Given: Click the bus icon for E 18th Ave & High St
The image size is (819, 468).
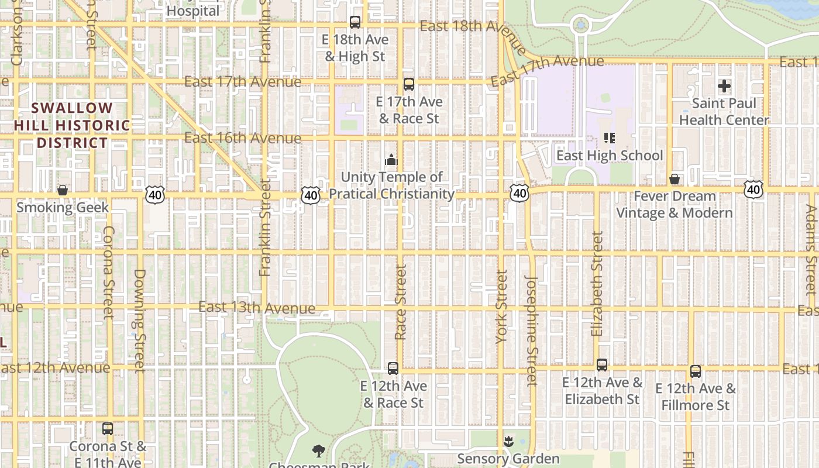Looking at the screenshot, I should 355,22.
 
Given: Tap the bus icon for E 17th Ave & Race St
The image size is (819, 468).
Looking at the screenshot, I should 409,84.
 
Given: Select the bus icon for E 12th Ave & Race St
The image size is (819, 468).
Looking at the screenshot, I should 393,369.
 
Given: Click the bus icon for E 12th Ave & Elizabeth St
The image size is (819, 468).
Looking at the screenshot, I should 602,365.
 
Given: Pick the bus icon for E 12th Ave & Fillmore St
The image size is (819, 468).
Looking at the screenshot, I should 696,371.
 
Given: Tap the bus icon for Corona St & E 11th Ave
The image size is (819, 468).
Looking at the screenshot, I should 108,429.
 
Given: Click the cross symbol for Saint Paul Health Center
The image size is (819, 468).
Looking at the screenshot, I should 724,86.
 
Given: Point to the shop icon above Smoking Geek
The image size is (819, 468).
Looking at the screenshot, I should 63,190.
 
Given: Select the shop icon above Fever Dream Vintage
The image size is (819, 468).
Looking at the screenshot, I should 675,179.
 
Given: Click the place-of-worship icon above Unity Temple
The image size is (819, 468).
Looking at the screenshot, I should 391,160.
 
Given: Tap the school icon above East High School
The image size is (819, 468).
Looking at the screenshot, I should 610,138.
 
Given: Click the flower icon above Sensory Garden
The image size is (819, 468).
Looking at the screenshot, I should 508,441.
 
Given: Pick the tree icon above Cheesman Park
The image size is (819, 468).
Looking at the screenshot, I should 319,450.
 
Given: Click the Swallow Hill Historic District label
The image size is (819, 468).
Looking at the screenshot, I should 72,125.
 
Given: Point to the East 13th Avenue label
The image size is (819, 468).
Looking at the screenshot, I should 257,308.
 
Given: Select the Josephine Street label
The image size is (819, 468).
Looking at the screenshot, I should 531,331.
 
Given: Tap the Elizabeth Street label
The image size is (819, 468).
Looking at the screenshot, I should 597,284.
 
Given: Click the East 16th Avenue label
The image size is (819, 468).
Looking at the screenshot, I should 243,138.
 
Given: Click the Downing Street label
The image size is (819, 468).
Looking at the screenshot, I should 139,321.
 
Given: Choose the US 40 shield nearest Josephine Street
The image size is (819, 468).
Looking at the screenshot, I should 519,193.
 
